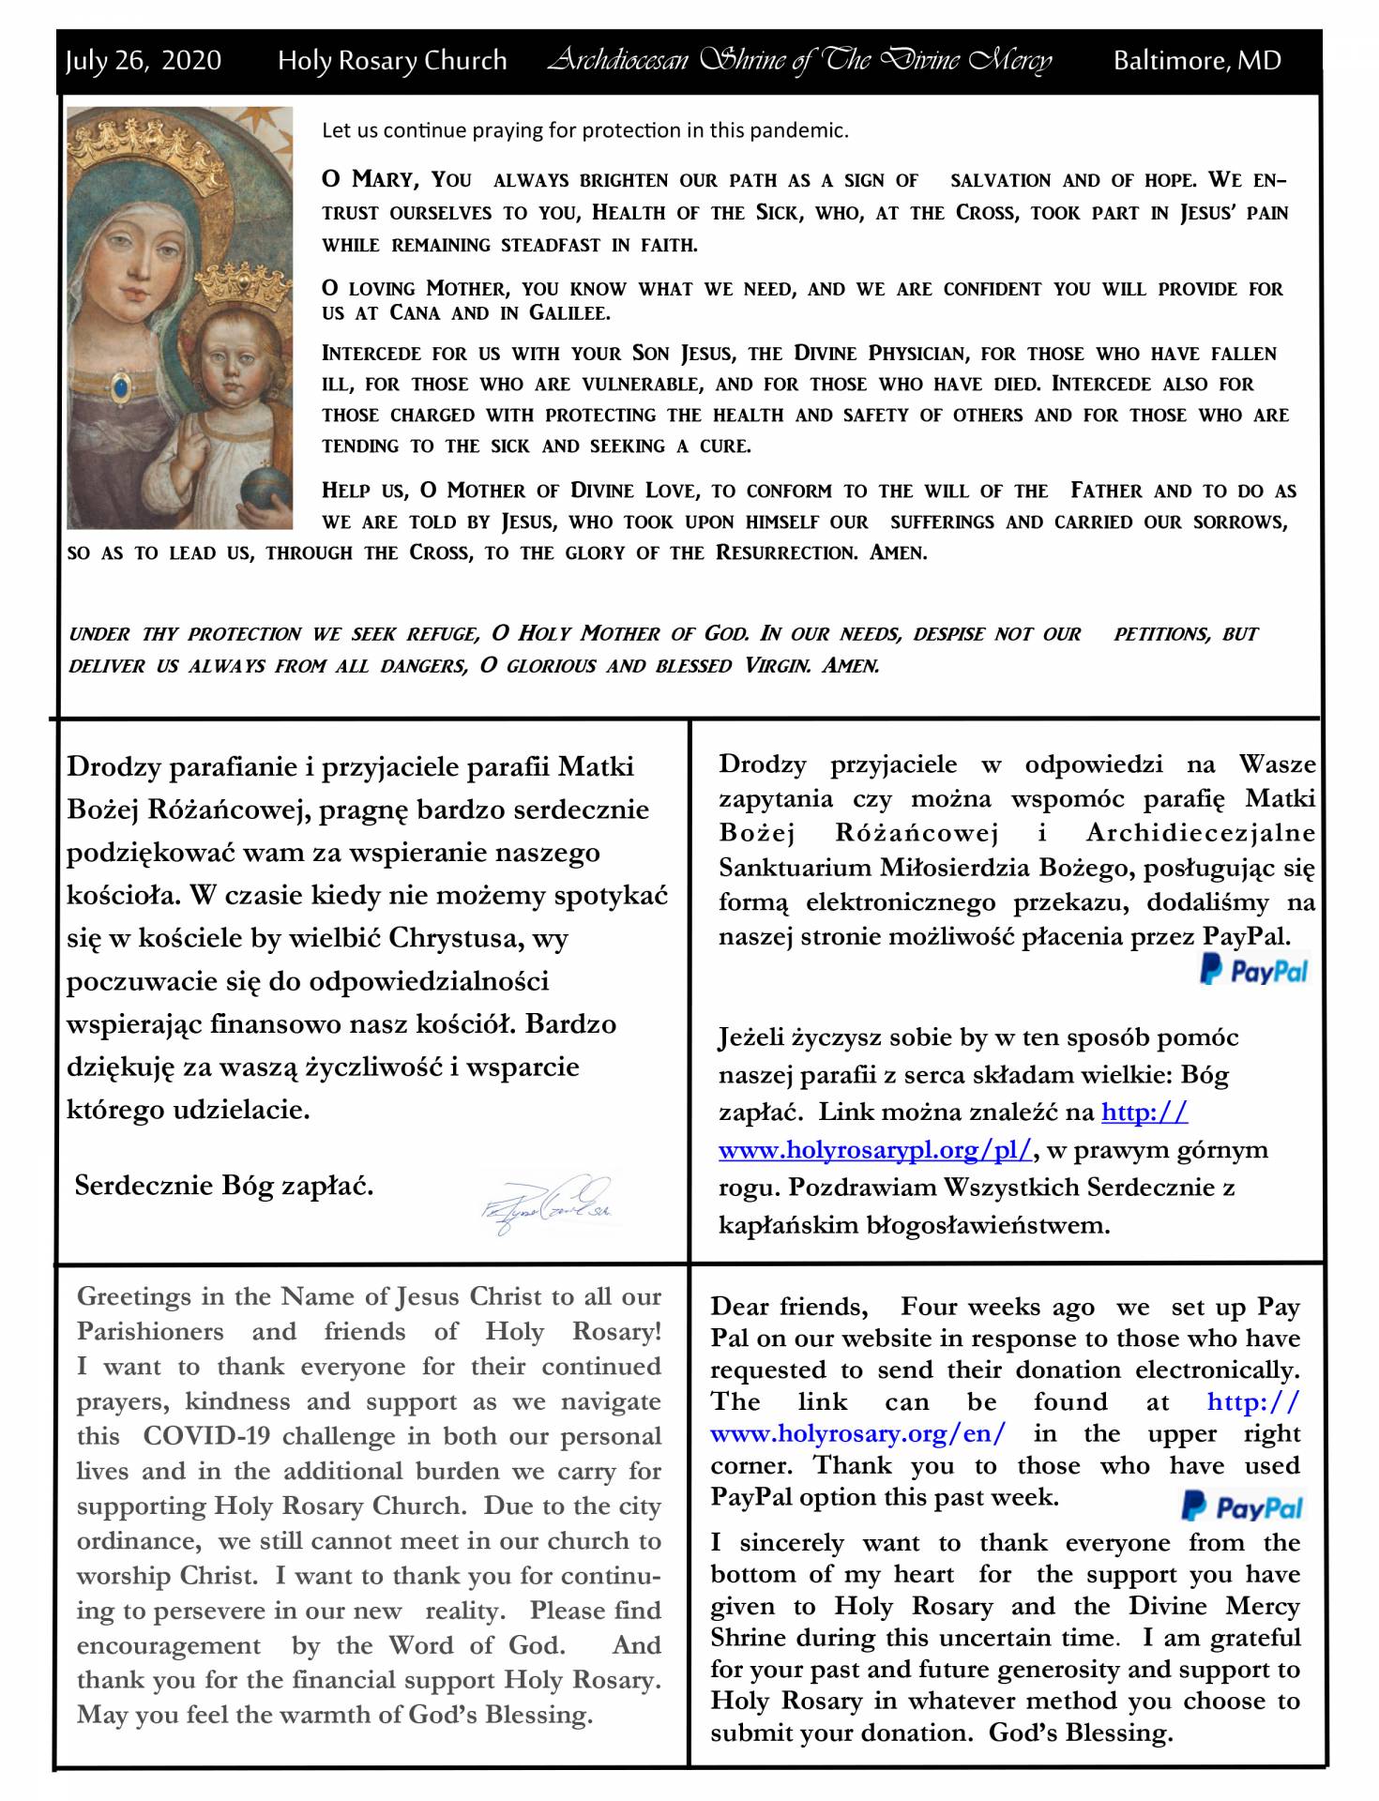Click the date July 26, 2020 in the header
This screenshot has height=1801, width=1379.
(143, 61)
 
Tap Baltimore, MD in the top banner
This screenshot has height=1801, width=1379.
(1196, 61)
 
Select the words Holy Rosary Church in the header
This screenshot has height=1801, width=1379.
(391, 61)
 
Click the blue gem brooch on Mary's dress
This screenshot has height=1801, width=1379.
(121, 385)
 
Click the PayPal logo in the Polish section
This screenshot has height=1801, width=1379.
(1253, 970)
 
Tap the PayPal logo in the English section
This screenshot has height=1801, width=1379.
(1241, 1506)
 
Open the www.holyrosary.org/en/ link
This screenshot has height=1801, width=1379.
(857, 1433)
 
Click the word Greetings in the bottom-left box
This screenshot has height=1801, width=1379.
(134, 1296)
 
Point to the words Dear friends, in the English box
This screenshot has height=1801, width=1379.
(788, 1307)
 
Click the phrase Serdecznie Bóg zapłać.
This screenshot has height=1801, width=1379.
(223, 1186)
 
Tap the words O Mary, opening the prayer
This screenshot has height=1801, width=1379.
(367, 179)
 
